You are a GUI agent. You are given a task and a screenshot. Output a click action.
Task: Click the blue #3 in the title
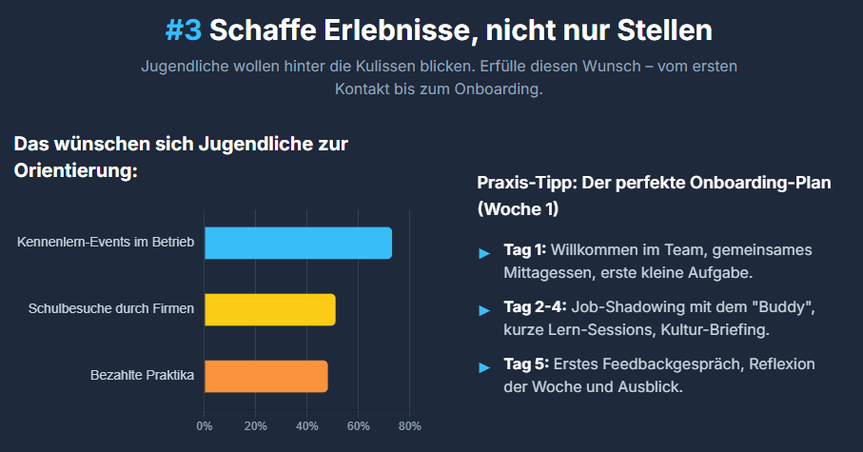click(x=183, y=29)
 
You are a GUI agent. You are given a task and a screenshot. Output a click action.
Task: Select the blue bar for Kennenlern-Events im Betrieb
click(x=298, y=244)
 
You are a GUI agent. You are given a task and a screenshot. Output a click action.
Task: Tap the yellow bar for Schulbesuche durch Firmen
click(x=269, y=310)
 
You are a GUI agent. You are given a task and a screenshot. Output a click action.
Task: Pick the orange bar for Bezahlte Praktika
click(x=265, y=377)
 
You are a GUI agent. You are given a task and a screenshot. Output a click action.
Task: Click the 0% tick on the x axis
click(x=205, y=425)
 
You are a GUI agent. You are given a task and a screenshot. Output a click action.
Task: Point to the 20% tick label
click(x=255, y=425)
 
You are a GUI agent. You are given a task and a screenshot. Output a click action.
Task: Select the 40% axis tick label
click(x=306, y=425)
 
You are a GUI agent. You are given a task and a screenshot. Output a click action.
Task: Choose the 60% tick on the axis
click(x=358, y=425)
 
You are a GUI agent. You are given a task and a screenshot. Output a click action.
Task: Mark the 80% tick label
click(x=409, y=425)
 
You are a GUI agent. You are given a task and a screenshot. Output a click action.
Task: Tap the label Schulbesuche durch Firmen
click(x=111, y=309)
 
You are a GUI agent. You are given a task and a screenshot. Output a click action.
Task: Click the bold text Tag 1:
click(x=524, y=250)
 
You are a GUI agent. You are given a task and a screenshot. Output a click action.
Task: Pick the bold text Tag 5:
click(x=524, y=364)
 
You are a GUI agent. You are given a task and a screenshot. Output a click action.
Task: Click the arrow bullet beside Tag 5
click(x=485, y=367)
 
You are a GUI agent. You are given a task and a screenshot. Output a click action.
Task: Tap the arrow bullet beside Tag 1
click(x=485, y=253)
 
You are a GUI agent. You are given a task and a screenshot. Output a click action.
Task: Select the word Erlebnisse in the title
click(x=340, y=29)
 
